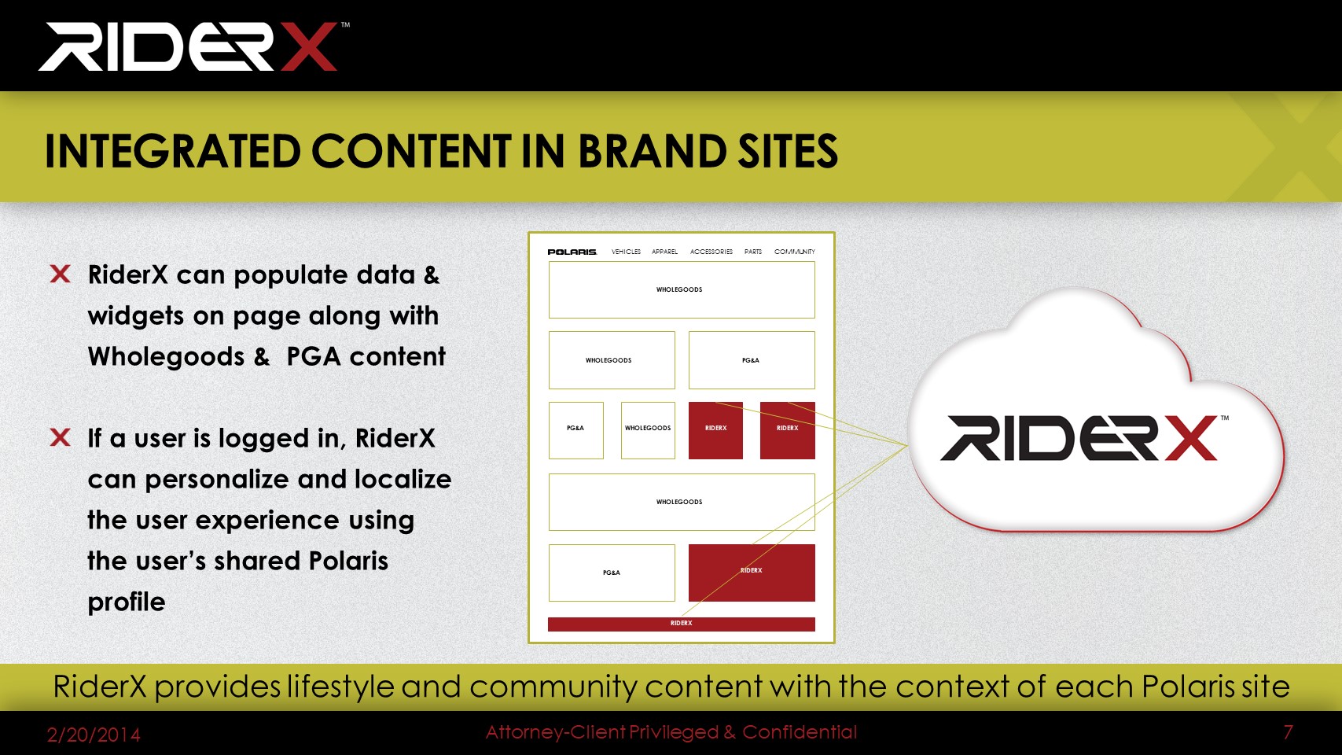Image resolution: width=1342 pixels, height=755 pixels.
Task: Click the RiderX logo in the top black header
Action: click(x=193, y=46)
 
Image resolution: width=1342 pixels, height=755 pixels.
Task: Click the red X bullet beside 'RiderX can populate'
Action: click(x=60, y=274)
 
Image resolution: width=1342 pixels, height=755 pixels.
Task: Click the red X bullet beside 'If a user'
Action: click(x=60, y=437)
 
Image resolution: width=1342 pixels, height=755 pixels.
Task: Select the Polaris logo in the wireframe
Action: click(x=572, y=252)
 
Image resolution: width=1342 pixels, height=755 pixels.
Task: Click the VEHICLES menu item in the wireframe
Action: click(x=626, y=252)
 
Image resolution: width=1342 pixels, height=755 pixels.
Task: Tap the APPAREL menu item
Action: click(x=664, y=252)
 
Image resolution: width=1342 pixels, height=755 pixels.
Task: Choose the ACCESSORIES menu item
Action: click(x=711, y=252)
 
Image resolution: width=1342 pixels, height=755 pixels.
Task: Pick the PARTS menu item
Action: click(x=753, y=252)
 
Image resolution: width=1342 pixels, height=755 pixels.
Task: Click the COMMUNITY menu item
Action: click(x=794, y=252)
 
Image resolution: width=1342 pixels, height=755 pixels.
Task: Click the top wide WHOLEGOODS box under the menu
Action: click(x=682, y=289)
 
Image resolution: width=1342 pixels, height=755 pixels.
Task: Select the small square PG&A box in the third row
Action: click(x=575, y=430)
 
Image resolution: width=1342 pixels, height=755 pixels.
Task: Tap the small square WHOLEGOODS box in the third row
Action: click(x=648, y=430)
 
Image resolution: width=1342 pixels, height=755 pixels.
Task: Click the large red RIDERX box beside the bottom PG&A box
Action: click(x=752, y=573)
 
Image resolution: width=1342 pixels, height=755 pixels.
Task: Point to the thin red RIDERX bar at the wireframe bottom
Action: click(x=681, y=624)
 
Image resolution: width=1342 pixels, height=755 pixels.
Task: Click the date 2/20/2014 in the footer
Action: click(x=94, y=735)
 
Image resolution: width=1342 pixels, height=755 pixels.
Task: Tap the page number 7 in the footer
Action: click(x=1288, y=731)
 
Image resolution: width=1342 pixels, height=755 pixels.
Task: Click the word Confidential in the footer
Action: click(x=800, y=731)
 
